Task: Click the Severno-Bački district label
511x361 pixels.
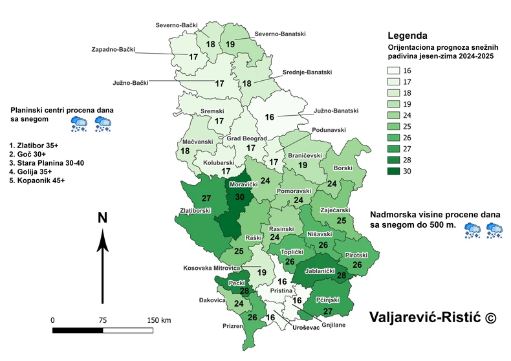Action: pos(177,26)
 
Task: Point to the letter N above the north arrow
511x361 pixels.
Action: pos(102,218)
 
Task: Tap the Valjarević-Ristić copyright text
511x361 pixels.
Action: pos(433,317)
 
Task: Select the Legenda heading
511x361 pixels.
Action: pos(410,35)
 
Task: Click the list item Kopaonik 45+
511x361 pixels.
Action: pos(37,181)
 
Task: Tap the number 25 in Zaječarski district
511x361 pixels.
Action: pos(341,221)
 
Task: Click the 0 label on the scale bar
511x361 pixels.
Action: pos(53,320)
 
